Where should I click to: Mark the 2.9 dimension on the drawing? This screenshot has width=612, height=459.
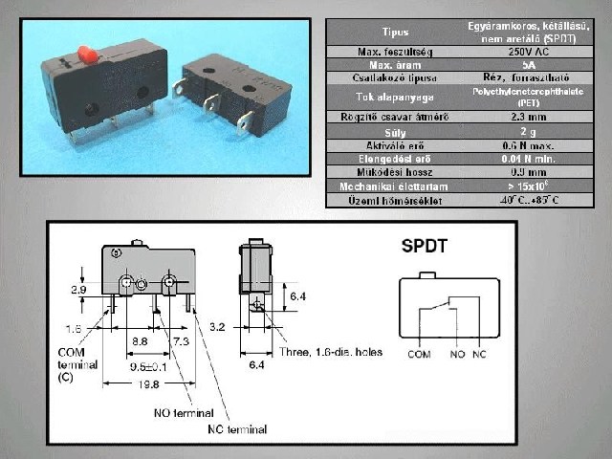pyautogui.click(x=81, y=287)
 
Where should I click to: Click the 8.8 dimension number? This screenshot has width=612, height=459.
pyautogui.click(x=140, y=340)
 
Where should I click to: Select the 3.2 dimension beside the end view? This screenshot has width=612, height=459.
pyautogui.click(x=219, y=327)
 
